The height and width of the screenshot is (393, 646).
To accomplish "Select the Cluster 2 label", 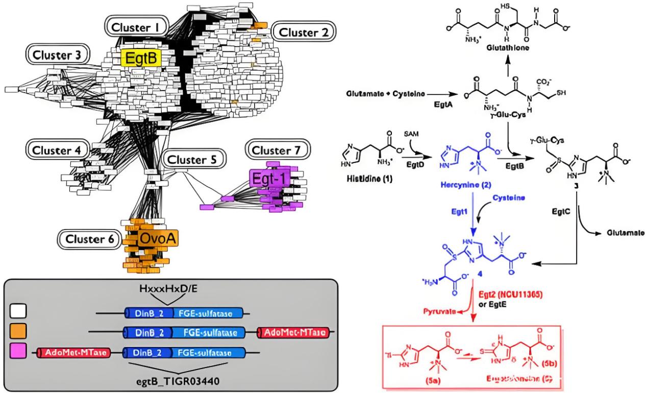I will [304, 33].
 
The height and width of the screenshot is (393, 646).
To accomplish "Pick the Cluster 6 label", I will [89, 239].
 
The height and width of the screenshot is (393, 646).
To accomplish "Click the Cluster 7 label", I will [277, 150].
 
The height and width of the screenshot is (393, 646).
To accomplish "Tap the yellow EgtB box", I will [141, 58].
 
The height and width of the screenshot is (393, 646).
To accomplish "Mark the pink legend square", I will [18, 352].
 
